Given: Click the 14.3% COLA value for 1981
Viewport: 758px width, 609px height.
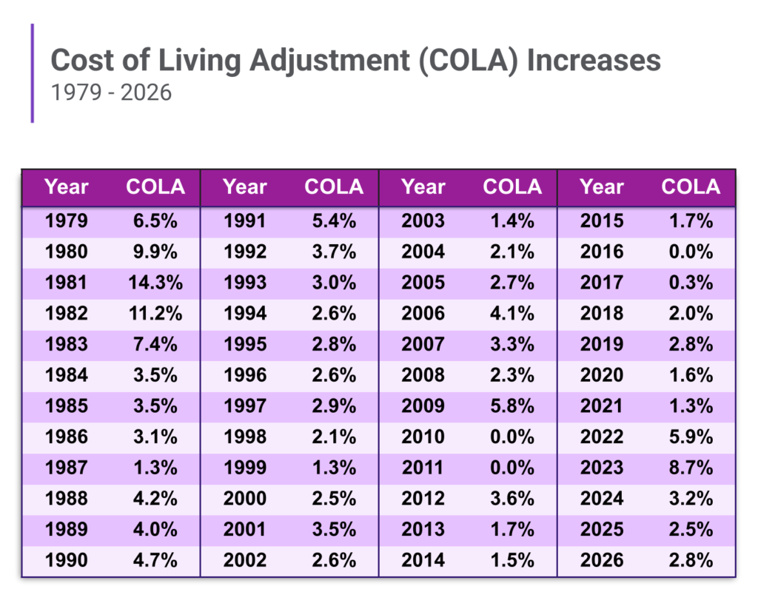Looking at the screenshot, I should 155,282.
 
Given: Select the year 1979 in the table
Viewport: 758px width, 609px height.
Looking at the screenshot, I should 66,221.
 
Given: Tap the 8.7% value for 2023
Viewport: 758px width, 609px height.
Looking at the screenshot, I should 690,468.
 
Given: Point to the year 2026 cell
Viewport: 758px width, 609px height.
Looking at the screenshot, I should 601,560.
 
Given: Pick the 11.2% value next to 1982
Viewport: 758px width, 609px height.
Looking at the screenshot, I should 155,313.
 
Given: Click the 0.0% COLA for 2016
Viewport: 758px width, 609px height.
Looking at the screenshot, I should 690,252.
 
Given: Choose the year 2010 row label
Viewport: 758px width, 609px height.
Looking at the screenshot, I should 423,437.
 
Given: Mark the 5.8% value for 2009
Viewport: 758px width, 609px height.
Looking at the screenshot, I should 512,406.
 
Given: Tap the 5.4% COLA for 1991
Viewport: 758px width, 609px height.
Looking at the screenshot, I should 333,221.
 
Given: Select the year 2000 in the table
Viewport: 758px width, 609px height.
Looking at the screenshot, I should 244,498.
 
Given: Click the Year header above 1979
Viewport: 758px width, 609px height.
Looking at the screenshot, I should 66,187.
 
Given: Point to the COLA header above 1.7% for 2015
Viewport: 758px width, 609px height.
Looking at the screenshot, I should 690,187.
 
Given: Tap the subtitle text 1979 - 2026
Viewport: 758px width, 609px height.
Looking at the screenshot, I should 111,92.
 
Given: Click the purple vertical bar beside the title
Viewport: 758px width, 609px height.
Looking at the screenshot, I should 33,73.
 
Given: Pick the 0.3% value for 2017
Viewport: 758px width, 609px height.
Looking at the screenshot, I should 690,282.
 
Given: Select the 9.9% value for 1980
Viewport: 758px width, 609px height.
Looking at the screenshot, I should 155,252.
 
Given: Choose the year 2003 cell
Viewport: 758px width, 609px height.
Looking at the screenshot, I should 423,221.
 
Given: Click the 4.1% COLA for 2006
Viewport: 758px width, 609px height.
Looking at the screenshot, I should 512,313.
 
